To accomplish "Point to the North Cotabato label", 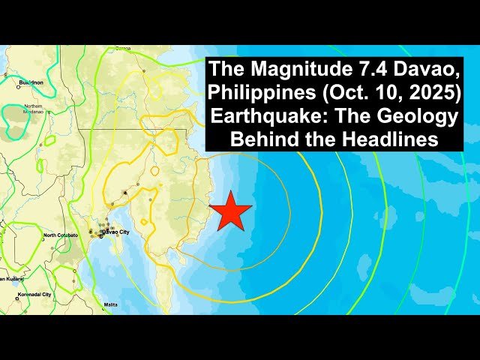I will tap(60, 235).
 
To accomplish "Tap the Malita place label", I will tap(111, 304).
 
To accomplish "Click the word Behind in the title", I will tap(264, 140).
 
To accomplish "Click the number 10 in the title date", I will tap(379, 95).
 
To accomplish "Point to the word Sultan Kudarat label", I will tap(13, 277).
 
